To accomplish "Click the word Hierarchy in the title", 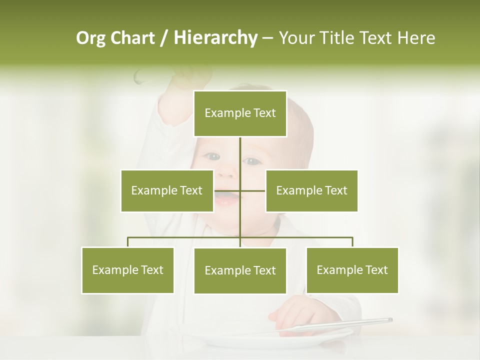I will [215, 38].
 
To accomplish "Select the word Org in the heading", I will [90, 38].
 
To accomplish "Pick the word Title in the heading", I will [339, 38].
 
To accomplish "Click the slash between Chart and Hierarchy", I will [164, 38].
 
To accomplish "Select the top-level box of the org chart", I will [240, 113].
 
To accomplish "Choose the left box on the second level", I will [167, 190].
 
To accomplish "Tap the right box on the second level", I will [311, 190].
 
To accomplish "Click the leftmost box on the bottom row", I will [128, 270].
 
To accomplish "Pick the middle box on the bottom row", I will [240, 270].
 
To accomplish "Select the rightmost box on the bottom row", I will [352, 270].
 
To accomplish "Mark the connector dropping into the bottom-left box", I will [128, 242].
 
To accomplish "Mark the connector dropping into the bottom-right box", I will [352, 242].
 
